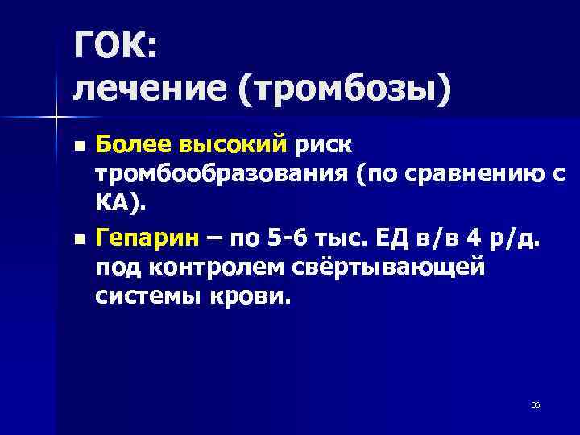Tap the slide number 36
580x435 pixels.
pos(536,403)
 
